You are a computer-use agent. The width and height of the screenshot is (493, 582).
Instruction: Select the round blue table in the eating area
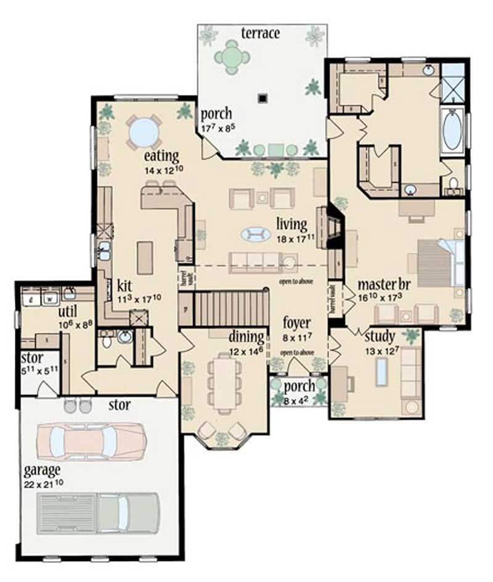pos(144,131)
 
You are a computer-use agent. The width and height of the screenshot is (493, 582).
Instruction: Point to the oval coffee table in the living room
pos(255,234)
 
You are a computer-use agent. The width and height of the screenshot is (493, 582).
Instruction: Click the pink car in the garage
pos(91,440)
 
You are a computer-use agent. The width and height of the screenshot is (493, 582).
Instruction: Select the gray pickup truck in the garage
pos(98,512)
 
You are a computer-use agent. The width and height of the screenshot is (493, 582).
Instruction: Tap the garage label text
pos(42,470)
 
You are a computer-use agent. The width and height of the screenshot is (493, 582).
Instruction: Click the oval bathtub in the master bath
pos(452,130)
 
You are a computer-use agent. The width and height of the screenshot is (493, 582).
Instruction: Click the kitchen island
pos(145,258)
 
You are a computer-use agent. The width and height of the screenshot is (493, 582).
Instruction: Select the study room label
pos(380,337)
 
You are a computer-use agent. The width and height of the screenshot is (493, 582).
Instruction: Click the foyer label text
pos(296,323)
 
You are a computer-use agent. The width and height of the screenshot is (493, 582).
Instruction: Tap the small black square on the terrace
pos(263,97)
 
